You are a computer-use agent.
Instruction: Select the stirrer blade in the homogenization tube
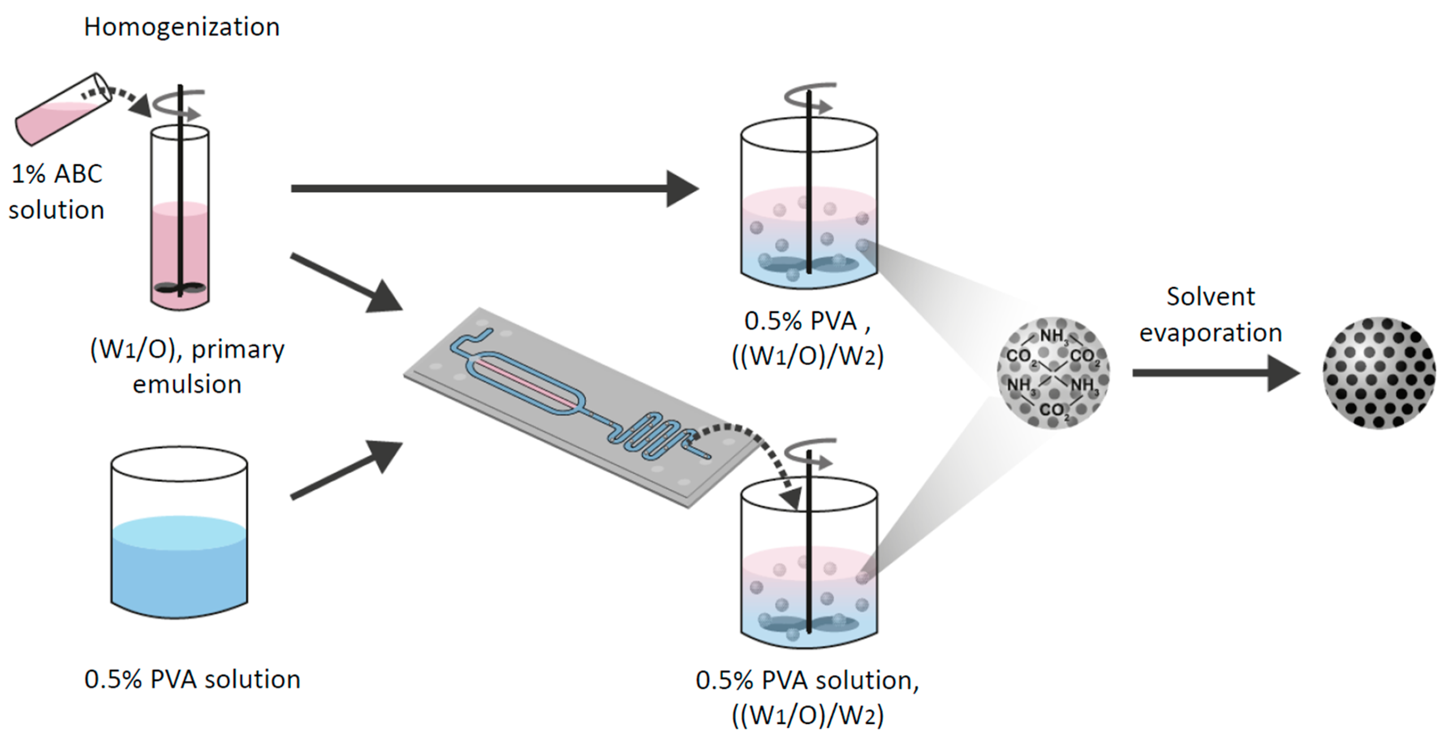click(x=179, y=288)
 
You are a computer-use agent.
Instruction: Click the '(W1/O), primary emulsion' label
click(x=188, y=367)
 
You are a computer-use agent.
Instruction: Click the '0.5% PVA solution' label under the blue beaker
click(x=192, y=680)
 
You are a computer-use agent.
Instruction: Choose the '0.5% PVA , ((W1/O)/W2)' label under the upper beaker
click(x=808, y=339)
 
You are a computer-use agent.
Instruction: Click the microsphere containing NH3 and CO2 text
click(x=1053, y=373)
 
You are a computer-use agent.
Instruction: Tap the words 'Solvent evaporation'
click(x=1210, y=314)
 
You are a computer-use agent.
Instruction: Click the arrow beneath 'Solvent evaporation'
click(x=1212, y=373)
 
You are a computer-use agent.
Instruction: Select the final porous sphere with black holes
click(x=1379, y=373)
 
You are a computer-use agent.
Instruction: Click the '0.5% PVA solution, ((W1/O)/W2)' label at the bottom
click(x=808, y=697)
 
